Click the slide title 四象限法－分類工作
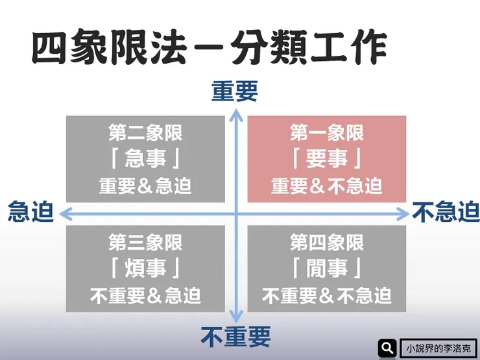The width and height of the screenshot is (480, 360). click(x=208, y=47)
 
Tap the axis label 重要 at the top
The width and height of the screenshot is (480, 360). click(x=235, y=92)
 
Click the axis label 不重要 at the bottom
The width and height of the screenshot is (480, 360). click(x=235, y=337)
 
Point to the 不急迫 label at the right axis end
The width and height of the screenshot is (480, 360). click(x=446, y=212)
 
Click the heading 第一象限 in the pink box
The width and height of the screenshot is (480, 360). click(x=326, y=134)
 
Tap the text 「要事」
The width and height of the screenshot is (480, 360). click(x=326, y=159)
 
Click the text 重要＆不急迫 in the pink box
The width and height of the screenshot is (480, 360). click(x=326, y=186)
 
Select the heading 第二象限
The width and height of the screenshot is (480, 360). click(x=145, y=134)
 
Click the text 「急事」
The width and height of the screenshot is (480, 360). click(x=145, y=159)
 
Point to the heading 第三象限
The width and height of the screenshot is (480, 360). click(x=145, y=243)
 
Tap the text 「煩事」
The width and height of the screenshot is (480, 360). click(x=145, y=269)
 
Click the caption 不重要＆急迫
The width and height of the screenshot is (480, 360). click(x=145, y=296)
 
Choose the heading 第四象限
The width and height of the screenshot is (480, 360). click(x=326, y=243)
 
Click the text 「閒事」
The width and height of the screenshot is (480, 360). click(x=326, y=269)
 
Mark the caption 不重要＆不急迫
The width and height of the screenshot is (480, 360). click(x=326, y=296)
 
